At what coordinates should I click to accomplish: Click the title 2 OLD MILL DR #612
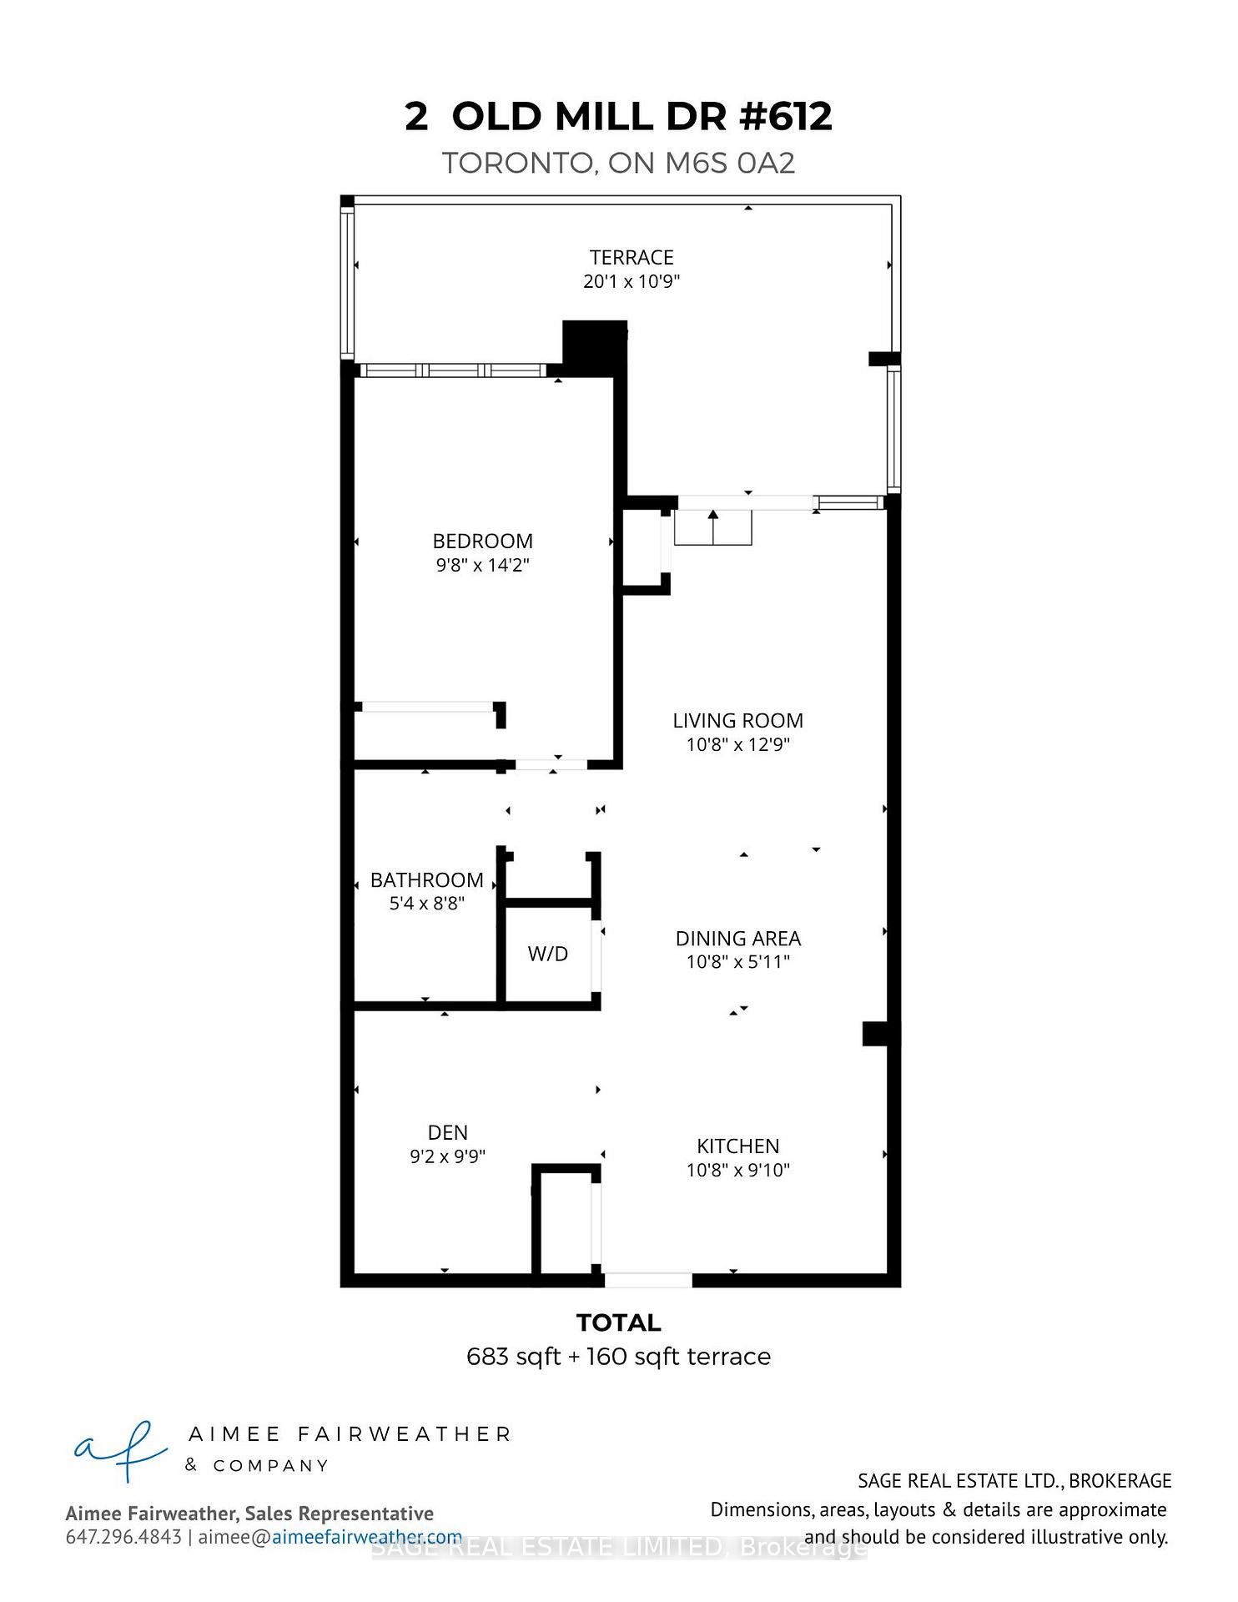pos(618,116)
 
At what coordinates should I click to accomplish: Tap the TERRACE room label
pos(632,258)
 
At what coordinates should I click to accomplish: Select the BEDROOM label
pos(482,541)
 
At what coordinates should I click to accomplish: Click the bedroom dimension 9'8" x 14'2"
pos(482,565)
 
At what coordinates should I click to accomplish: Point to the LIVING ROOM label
pos(737,720)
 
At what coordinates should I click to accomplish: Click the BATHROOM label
pos(426,879)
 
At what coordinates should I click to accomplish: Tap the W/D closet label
pos(548,954)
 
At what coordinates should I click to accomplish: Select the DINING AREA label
pos(737,938)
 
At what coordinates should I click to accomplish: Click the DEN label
pos(447,1132)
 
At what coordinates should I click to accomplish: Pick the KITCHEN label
pos(737,1146)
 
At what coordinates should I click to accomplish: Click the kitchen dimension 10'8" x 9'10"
pos(737,1170)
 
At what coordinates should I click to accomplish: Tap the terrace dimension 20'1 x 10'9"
pos(632,281)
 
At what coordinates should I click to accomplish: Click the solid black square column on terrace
pos(594,342)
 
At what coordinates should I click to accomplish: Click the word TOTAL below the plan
pos(618,1322)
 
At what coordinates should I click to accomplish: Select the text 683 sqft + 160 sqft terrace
pos(618,1357)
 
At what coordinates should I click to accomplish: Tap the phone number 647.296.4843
pos(123,1537)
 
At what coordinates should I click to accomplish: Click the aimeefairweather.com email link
pos(366,1537)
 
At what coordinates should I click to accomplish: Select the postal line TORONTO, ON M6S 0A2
pos(618,163)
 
